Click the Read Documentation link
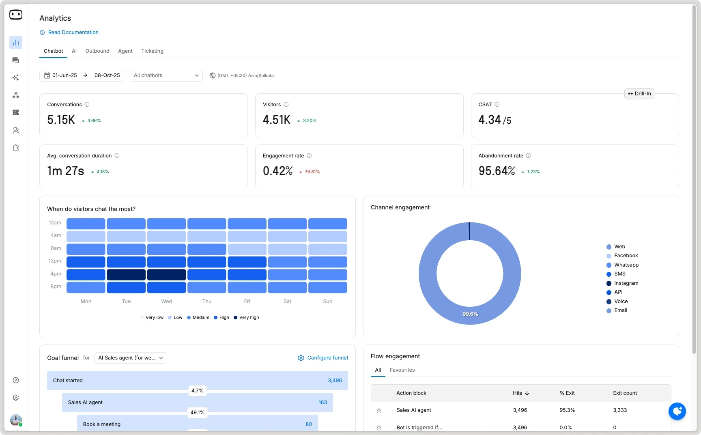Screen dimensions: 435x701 click(x=73, y=32)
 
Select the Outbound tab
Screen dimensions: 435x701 click(x=97, y=51)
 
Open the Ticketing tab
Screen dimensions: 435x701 click(x=152, y=51)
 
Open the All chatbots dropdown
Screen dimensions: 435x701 click(x=166, y=75)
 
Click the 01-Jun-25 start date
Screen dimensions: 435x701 click(x=65, y=75)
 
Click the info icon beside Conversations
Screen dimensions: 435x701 click(x=87, y=105)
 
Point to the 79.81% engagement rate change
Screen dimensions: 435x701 click(x=312, y=172)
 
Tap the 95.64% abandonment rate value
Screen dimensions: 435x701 click(x=497, y=171)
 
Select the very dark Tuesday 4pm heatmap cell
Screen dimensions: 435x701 click(x=126, y=275)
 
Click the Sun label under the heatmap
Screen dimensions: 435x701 click(x=327, y=301)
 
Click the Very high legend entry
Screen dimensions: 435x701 click(x=249, y=318)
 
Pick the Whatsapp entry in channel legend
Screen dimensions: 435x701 click(x=626, y=265)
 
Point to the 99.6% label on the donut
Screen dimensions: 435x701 click(x=470, y=314)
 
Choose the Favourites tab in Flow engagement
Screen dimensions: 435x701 click(x=402, y=370)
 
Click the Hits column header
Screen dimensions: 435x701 click(x=520, y=393)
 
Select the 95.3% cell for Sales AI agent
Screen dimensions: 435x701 click(x=567, y=410)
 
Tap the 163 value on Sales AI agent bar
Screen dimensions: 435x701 click(x=323, y=403)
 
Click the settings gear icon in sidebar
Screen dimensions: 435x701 click(x=16, y=398)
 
